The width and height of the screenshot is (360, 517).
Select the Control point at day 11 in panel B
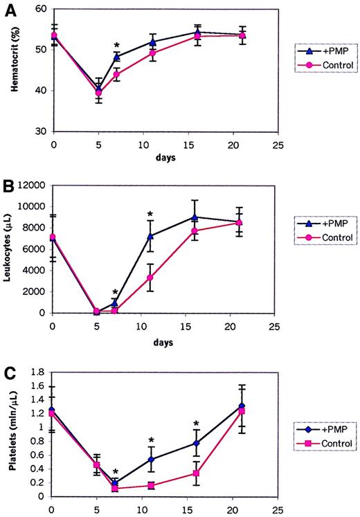tap(150, 278)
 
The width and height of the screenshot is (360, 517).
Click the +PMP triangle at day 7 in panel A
tap(117, 57)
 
